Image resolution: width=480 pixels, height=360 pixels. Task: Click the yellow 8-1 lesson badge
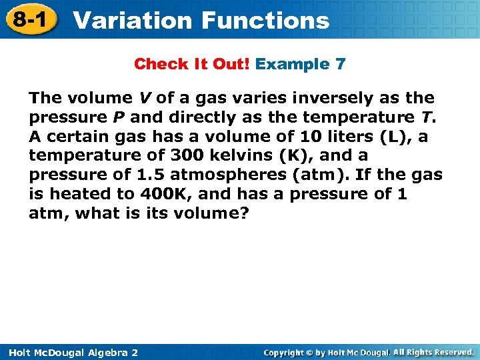tap(29, 19)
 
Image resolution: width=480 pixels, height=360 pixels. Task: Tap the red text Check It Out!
tap(192, 64)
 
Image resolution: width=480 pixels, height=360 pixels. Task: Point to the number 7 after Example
tap(341, 64)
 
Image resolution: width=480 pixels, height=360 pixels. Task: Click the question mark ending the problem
tap(243, 214)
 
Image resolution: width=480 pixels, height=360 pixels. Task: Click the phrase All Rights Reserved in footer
tap(433, 351)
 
